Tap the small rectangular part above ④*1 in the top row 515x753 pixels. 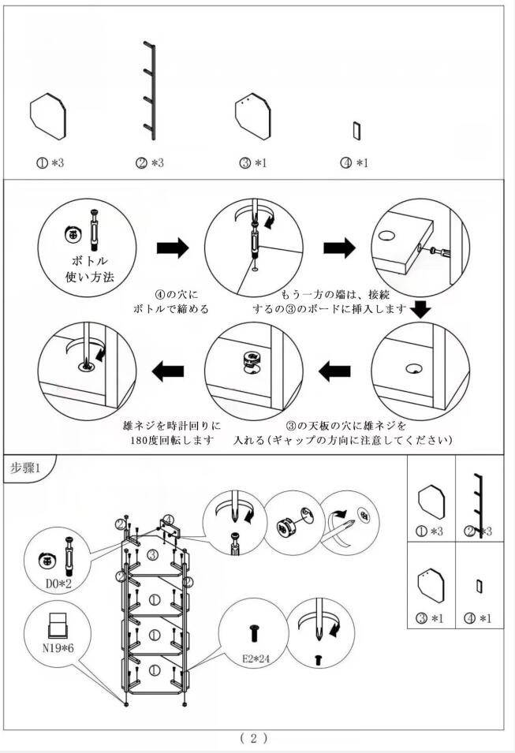[x=356, y=130]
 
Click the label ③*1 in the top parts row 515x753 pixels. [x=254, y=163]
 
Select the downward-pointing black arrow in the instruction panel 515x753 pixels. [x=422, y=309]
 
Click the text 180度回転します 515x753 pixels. [x=172, y=440]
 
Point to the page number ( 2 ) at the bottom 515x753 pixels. [x=254, y=738]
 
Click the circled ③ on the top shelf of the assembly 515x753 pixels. [x=155, y=556]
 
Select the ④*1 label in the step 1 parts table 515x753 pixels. [x=480, y=617]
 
